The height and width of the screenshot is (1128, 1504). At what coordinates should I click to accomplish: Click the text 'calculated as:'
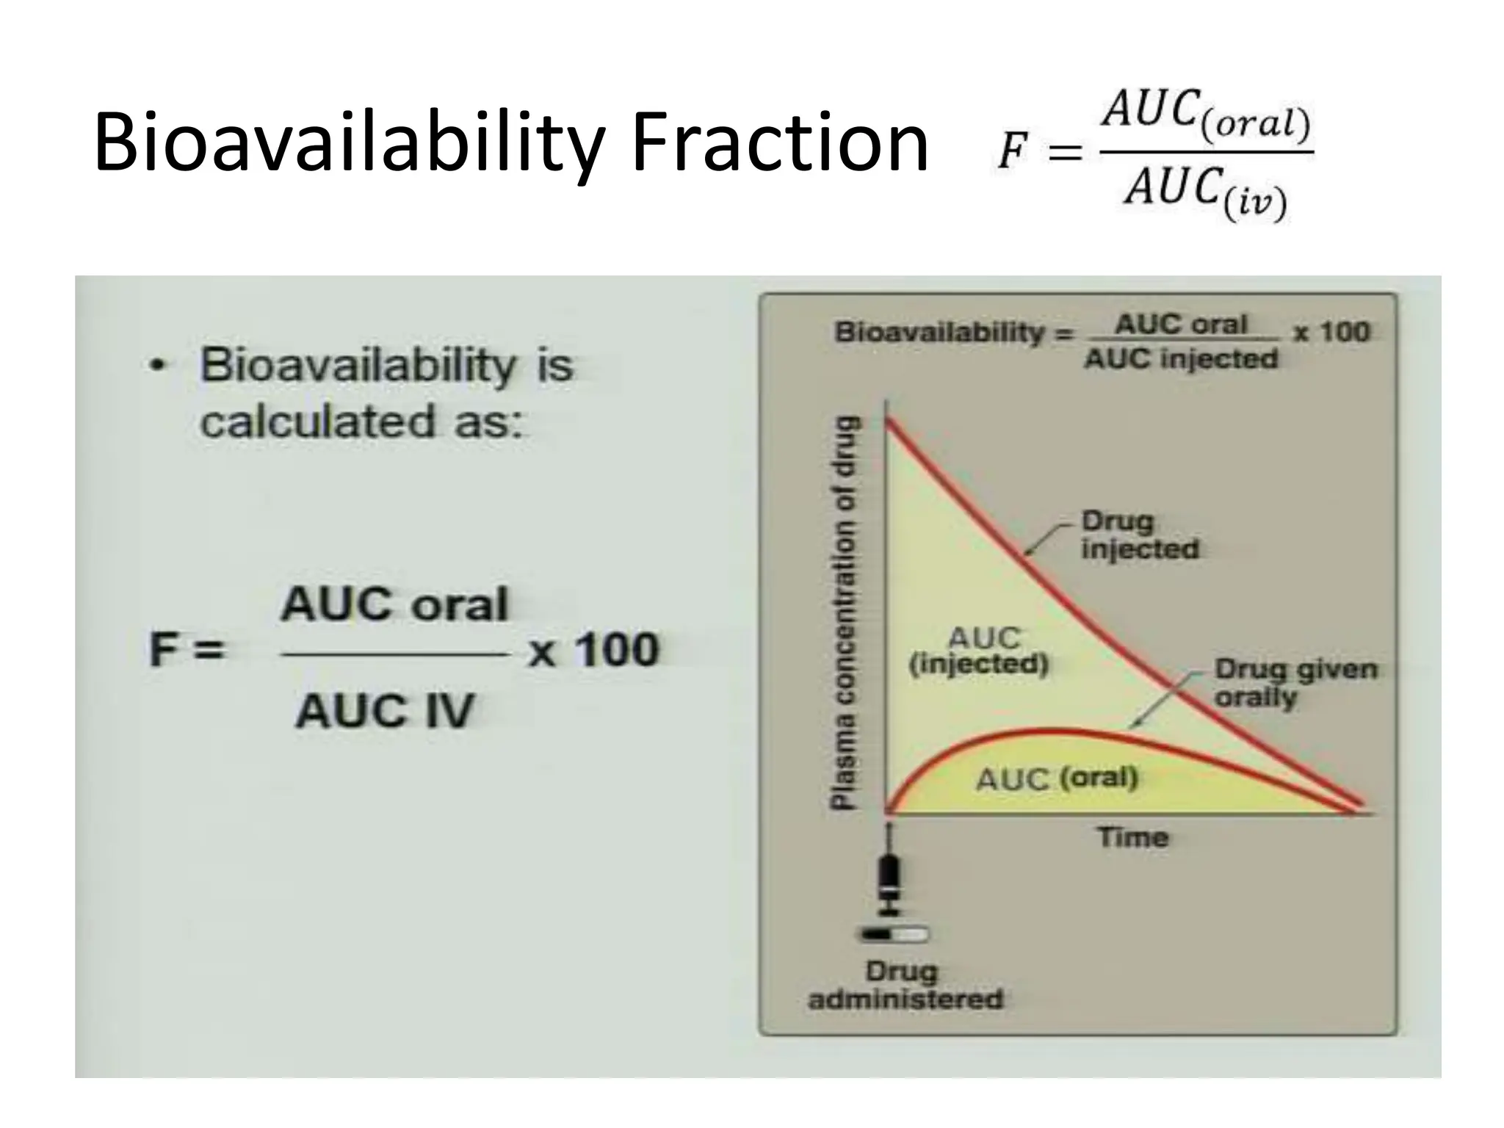point(361,422)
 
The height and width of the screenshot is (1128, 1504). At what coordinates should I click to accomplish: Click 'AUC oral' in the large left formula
point(394,605)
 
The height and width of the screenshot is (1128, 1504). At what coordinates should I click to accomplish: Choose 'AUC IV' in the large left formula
point(385,711)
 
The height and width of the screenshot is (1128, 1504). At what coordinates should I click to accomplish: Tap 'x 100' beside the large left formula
point(593,651)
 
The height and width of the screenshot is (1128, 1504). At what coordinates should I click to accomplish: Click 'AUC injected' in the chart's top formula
point(1181,359)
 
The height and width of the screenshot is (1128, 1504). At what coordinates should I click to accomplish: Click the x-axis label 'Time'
point(1132,837)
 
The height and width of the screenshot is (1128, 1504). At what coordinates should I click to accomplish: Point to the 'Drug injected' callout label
point(1138,535)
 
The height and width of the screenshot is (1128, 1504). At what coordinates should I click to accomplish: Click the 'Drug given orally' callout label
point(1294,683)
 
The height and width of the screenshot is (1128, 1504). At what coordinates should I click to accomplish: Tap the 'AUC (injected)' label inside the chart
point(978,651)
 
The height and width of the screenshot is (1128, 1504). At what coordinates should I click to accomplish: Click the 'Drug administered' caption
point(905,986)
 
